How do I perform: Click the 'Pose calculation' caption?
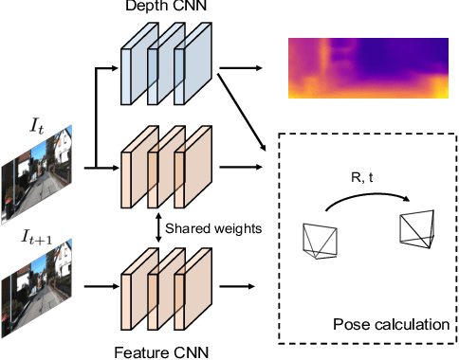pos(391,325)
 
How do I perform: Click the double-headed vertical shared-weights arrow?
pos(156,227)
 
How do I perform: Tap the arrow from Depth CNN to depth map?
pos(242,68)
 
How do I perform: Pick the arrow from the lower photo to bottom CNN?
pos(95,283)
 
